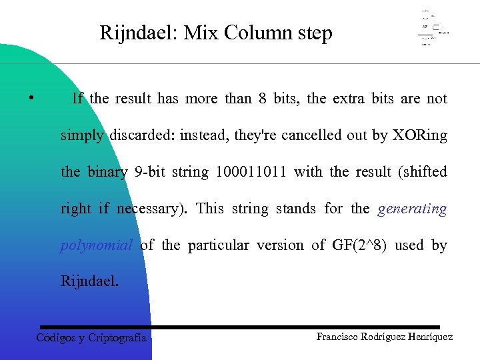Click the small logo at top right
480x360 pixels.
(x=433, y=29)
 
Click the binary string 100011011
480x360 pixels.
(x=251, y=172)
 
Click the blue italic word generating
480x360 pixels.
(x=412, y=209)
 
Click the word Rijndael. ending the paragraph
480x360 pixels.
(x=90, y=281)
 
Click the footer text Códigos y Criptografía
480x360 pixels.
(x=91, y=338)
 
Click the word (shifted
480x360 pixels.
(x=423, y=172)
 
